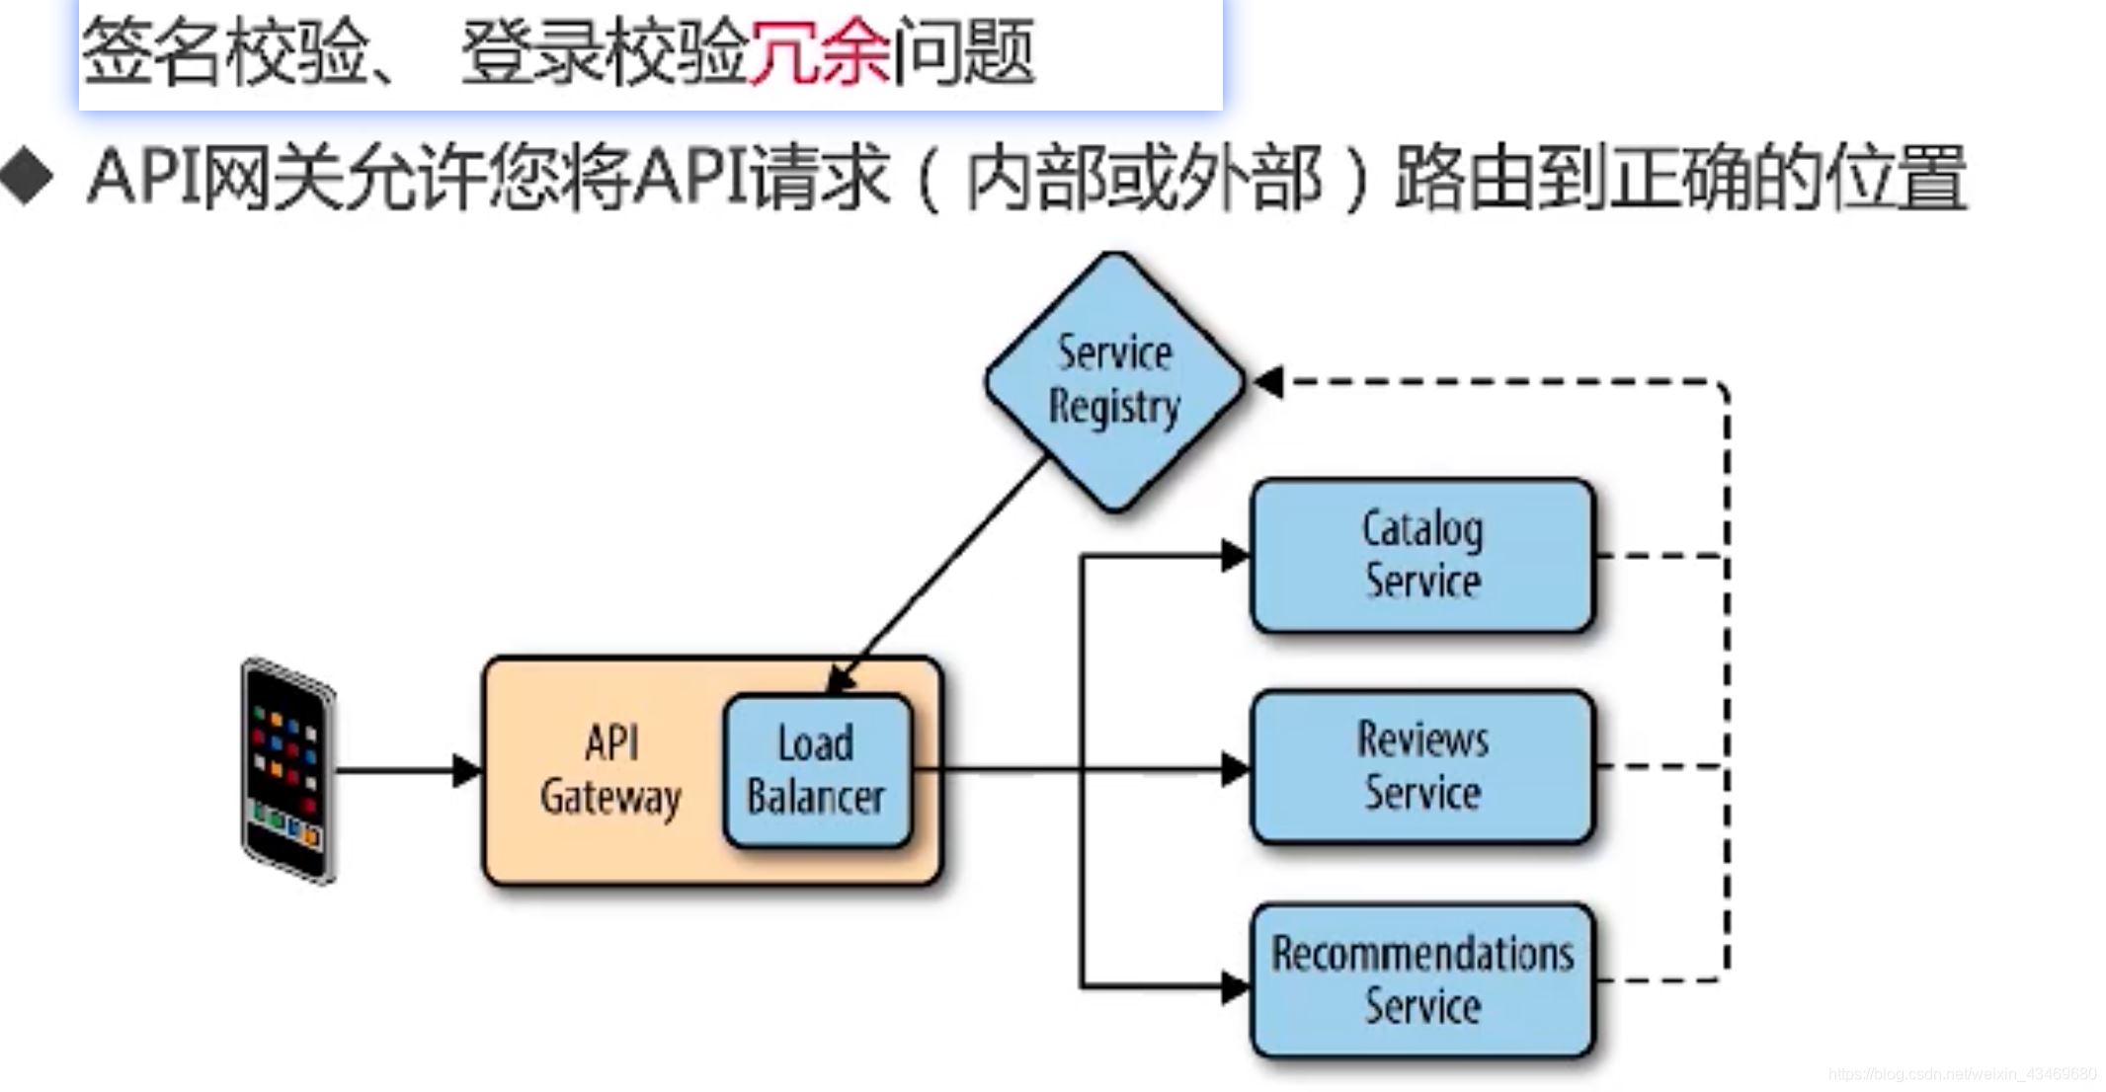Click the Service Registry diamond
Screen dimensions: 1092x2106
tap(1114, 381)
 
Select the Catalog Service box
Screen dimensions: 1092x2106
tap(1422, 556)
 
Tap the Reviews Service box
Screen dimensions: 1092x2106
tap(1422, 766)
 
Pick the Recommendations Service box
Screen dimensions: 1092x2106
tap(1422, 980)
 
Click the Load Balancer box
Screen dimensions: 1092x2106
tap(816, 771)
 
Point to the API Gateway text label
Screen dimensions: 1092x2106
tap(610, 771)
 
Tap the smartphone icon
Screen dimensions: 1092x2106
tap(288, 770)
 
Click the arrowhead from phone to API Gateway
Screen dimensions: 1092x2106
tap(466, 770)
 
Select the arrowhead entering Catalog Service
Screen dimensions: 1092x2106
tap(1235, 556)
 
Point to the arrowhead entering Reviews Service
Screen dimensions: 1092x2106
tap(1235, 769)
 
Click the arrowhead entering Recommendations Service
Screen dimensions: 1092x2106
tap(1235, 986)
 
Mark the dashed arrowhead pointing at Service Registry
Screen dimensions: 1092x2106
tap(1270, 382)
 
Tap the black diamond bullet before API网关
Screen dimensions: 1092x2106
tap(28, 178)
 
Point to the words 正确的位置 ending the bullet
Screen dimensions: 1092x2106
tap(1788, 179)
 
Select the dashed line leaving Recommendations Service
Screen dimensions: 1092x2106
tap(1660, 980)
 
